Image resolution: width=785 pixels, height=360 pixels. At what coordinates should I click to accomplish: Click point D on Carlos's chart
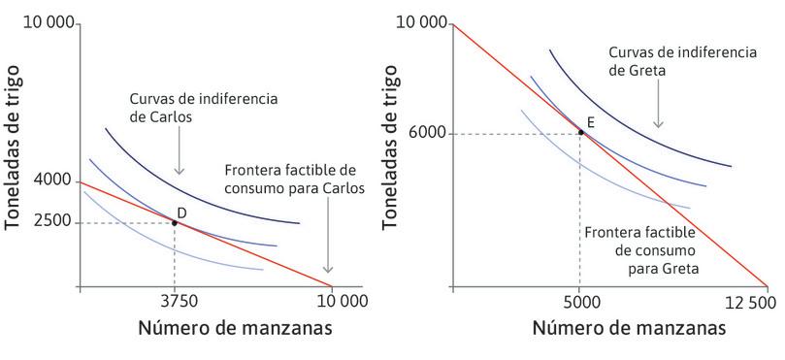click(x=175, y=222)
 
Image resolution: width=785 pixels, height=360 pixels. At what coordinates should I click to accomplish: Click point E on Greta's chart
click(x=580, y=132)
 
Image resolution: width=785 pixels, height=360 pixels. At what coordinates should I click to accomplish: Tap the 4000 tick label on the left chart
click(x=51, y=180)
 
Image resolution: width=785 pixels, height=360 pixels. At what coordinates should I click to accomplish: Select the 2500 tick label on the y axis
click(x=51, y=222)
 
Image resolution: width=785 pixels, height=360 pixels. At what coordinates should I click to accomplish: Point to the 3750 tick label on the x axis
click(x=175, y=301)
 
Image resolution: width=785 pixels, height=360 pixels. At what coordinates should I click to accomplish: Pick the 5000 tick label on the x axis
click(x=579, y=301)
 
